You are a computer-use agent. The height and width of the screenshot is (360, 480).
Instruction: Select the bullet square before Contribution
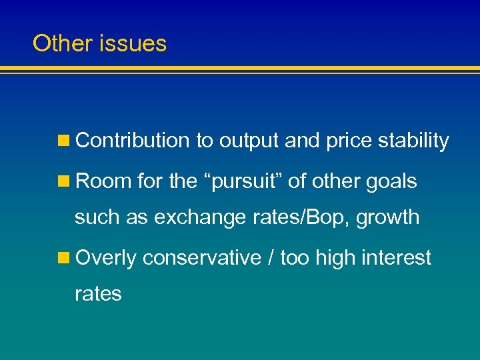64,141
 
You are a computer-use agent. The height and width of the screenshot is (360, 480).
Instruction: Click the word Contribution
133,141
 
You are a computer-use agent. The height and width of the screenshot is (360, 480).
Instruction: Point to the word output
249,141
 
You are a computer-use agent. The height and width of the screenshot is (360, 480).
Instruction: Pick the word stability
413,141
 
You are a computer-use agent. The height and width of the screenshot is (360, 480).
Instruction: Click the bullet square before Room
64,181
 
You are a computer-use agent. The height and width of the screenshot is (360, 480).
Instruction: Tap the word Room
103,181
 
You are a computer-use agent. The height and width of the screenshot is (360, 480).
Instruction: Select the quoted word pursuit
233,181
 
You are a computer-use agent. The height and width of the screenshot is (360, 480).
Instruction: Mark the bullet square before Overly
64,258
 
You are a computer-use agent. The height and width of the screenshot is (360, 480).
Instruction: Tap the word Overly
106,258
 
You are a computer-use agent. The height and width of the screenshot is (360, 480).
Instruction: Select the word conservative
201,258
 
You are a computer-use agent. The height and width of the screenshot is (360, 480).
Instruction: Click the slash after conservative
270,258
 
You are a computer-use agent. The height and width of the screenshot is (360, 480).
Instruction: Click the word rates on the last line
98,294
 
